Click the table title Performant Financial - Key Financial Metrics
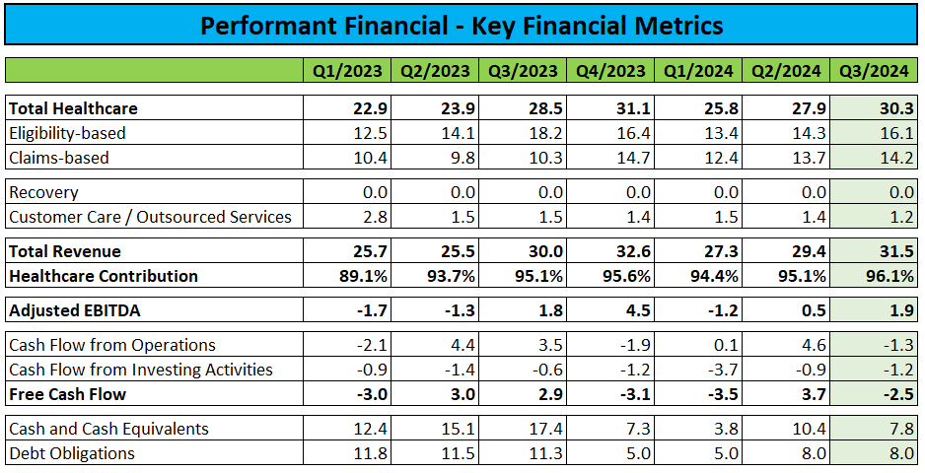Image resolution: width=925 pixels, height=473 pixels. [x=462, y=25]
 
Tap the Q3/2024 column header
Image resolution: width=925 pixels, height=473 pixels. [x=875, y=70]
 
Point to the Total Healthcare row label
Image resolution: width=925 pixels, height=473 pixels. [x=73, y=108]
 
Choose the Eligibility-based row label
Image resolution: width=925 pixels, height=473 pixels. [x=67, y=133]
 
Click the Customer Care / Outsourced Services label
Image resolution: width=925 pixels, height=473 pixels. [x=150, y=217]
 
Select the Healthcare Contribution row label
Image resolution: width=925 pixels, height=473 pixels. [x=104, y=276]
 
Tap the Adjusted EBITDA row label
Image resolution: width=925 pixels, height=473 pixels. [x=76, y=310]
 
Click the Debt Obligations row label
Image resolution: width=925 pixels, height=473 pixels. [x=71, y=453]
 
